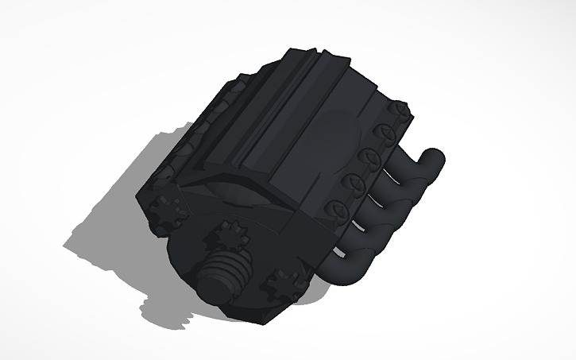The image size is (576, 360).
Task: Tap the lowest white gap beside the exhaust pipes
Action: tap(340, 254)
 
